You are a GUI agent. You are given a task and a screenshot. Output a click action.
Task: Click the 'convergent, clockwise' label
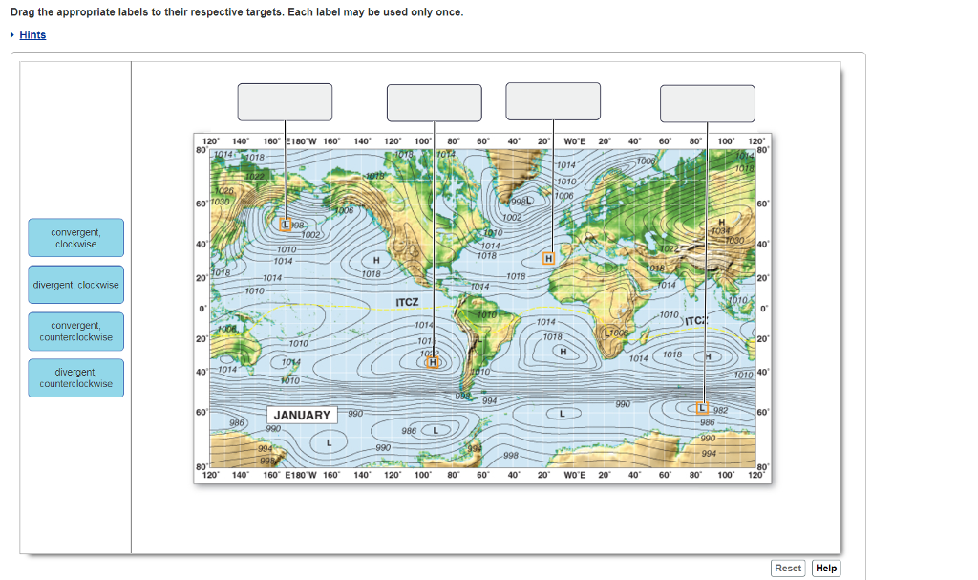tap(75, 238)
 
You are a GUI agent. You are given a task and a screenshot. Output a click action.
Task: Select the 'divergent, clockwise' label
tap(75, 285)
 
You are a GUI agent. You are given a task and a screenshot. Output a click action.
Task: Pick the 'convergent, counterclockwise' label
tap(75, 332)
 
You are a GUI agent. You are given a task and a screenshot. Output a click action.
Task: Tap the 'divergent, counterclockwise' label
tap(75, 377)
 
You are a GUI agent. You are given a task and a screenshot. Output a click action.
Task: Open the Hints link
tap(32, 35)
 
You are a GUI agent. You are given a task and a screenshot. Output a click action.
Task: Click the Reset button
tap(788, 568)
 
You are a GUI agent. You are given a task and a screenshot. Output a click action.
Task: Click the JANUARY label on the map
tap(302, 415)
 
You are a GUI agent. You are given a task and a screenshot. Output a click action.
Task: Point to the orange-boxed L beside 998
tap(286, 225)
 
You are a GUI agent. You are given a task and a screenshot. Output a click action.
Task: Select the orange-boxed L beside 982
tap(707, 409)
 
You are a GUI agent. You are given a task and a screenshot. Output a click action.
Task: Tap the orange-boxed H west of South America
tap(434, 362)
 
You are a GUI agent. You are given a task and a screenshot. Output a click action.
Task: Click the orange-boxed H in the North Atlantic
tap(548, 258)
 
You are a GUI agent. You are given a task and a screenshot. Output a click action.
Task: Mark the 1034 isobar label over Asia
tap(719, 230)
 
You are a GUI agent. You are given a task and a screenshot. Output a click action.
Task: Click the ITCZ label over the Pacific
tap(407, 302)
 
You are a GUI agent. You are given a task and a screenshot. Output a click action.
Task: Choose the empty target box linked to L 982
tap(707, 103)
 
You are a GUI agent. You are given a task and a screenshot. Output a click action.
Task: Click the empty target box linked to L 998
tap(285, 102)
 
